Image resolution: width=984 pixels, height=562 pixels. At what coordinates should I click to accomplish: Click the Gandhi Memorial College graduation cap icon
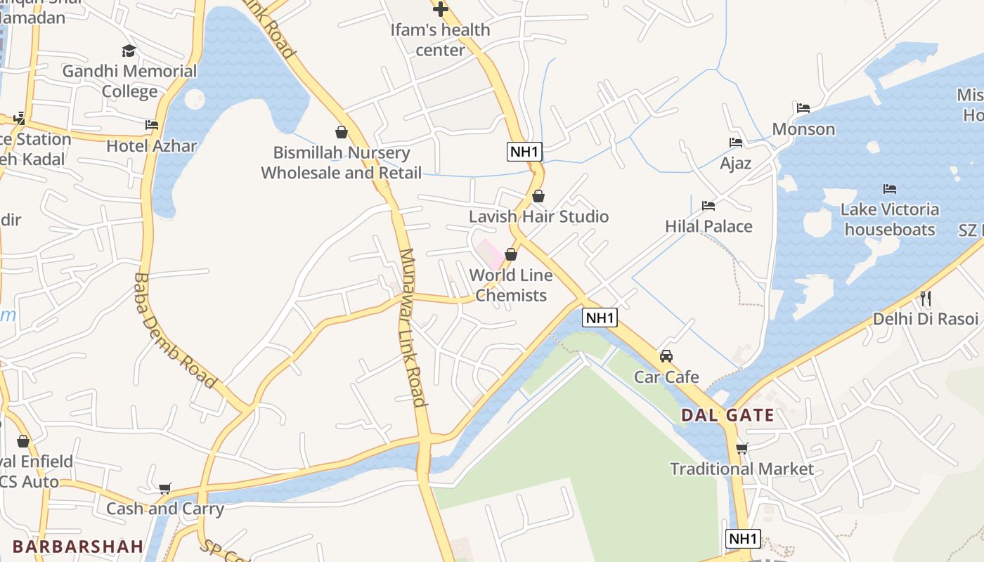point(129,51)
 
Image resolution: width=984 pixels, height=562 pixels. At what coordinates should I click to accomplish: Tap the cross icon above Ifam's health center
point(441,9)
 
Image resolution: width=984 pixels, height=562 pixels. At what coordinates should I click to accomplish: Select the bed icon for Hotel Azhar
point(152,125)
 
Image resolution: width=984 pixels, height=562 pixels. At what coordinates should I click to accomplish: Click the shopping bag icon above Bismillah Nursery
point(342,132)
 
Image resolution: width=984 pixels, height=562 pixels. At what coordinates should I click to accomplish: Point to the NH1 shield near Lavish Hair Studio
point(525,151)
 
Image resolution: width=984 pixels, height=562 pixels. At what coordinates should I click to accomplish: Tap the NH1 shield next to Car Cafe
point(600,318)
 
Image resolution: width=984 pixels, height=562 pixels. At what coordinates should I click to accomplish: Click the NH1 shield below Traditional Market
point(743,539)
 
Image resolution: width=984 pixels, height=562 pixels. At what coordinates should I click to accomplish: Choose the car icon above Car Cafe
point(666,356)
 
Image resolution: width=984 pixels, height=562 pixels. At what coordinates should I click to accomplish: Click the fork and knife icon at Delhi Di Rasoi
point(925,299)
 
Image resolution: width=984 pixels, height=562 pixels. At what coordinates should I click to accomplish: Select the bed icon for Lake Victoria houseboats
point(890,189)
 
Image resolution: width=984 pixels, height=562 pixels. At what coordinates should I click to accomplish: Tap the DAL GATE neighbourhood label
point(727,415)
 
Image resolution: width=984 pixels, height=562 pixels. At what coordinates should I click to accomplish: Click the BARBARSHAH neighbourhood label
point(78,546)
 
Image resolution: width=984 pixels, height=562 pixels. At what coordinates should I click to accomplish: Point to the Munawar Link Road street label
point(412,327)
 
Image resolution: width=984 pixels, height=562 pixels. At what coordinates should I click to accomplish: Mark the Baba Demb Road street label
point(174,330)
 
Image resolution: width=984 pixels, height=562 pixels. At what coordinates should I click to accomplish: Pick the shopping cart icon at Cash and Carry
point(165,488)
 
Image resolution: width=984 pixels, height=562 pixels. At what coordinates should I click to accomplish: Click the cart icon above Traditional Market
point(742,448)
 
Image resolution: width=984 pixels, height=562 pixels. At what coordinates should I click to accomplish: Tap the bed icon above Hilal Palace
point(708,206)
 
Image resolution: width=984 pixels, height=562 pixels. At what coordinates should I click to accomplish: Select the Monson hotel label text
point(803,129)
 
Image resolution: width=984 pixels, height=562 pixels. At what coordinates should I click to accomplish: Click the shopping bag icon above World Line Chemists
point(511,254)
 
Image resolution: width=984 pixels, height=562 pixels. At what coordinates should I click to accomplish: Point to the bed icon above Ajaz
point(736,143)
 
